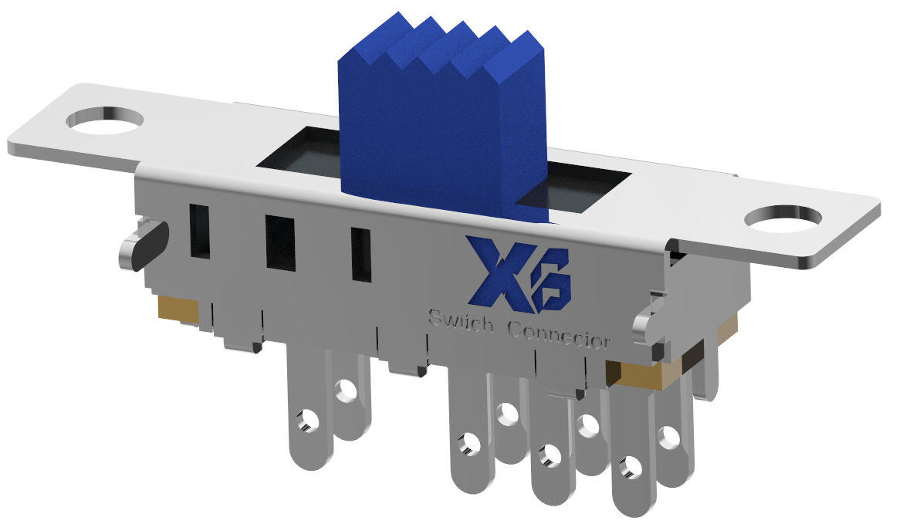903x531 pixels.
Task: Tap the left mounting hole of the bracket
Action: [106, 120]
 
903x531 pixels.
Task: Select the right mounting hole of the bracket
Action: [786, 218]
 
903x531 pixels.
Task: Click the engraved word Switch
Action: [461, 321]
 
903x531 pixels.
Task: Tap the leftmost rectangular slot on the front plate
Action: [200, 230]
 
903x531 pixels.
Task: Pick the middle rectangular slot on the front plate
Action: [280, 242]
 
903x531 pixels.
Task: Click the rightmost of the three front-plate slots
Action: [360, 254]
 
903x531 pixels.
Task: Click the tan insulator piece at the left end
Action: [178, 309]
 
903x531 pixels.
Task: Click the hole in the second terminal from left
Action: [344, 389]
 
